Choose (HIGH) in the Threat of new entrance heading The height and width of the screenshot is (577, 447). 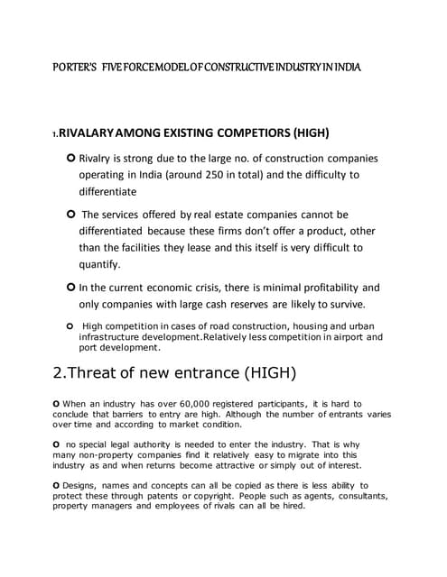click(x=263, y=373)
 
